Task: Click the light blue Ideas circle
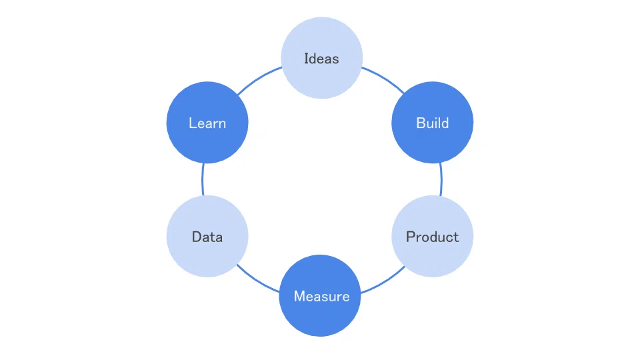321,57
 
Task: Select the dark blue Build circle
432,123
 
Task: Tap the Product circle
432,236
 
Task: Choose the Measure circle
320,295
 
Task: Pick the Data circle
207,236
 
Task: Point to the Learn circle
207,123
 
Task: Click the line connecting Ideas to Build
384,78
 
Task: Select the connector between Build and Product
441,179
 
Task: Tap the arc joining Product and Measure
385,281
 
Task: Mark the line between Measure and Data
257,280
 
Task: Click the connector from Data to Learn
203,179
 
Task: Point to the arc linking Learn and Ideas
259,79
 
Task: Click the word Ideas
321,59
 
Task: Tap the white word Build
432,123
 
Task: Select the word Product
432,237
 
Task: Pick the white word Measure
321,296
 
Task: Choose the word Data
207,237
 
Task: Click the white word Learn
207,123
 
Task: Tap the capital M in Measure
299,296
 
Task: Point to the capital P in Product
410,237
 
